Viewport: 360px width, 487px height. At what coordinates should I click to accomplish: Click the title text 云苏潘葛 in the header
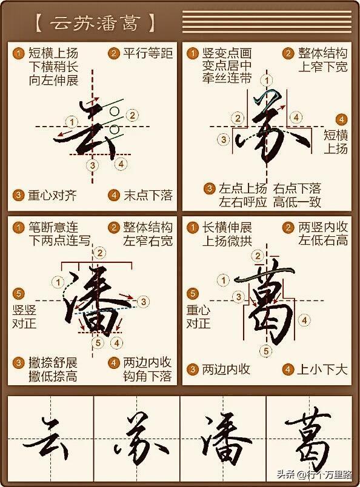(x=95, y=23)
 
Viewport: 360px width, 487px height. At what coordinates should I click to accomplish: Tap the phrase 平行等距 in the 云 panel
(x=148, y=53)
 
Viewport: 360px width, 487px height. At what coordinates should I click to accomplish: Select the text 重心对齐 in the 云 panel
(x=52, y=196)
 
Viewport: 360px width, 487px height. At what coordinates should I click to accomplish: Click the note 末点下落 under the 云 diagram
(x=148, y=196)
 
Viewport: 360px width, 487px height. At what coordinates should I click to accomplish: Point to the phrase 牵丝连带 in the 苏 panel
(x=227, y=79)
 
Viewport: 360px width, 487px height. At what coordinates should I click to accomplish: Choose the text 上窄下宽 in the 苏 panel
(x=323, y=67)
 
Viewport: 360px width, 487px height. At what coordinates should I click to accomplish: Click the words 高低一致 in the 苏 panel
(x=297, y=202)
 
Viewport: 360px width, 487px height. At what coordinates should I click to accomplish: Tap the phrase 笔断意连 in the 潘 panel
(x=53, y=227)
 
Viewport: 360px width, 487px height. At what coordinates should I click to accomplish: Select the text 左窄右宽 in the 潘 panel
(x=148, y=240)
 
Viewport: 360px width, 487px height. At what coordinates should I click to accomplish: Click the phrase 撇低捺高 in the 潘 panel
(x=53, y=376)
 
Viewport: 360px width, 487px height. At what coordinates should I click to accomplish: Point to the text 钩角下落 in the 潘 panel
(x=147, y=376)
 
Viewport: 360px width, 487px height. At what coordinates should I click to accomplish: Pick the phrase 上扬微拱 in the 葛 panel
(x=227, y=240)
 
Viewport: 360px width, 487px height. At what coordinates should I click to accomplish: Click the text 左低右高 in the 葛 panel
(x=323, y=240)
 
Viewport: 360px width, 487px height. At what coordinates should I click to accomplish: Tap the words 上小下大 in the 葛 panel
(x=322, y=369)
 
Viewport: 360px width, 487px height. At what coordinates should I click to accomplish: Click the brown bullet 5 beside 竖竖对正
(x=18, y=294)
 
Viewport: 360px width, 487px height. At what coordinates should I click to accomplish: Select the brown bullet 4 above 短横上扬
(x=341, y=119)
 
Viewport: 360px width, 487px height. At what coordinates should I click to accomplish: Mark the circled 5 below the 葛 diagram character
(x=266, y=351)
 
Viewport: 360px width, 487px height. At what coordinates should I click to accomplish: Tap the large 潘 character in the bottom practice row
(x=224, y=440)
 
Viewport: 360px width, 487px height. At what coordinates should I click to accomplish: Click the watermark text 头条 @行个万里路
(x=315, y=474)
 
